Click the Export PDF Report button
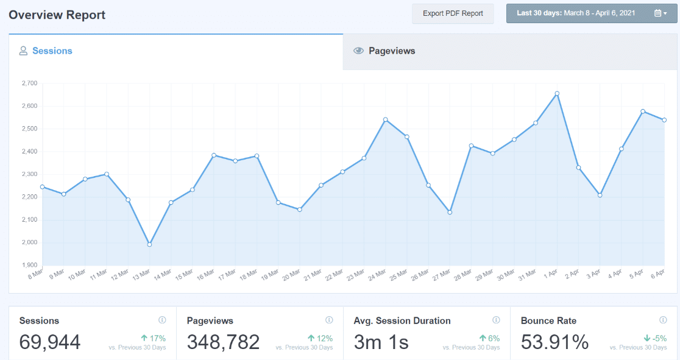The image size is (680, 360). tap(453, 13)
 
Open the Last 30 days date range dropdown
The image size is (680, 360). tap(592, 13)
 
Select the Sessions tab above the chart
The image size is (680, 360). tap(52, 51)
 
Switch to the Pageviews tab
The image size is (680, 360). tap(392, 51)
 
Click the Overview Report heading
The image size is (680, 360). tap(57, 15)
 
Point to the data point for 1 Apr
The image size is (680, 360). tap(557, 94)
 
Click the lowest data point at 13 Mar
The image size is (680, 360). tap(149, 244)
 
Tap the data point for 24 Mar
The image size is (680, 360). tap(386, 119)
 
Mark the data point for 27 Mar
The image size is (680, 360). tap(450, 212)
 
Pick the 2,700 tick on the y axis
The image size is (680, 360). tap(29, 83)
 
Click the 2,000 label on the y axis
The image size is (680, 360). tap(29, 242)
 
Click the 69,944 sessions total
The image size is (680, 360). tap(50, 342)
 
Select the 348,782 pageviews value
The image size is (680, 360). tap(223, 342)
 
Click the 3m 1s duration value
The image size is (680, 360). tap(381, 342)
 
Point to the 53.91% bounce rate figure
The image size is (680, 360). tap(554, 342)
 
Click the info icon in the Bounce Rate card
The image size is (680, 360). tap(663, 320)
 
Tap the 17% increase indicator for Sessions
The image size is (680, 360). tap(153, 338)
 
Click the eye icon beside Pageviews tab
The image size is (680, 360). tap(359, 51)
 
